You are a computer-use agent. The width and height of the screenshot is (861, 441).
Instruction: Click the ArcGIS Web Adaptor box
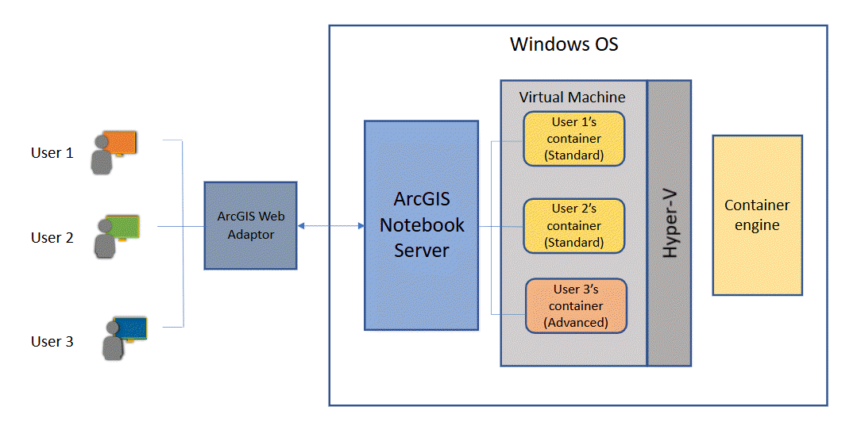coord(250,226)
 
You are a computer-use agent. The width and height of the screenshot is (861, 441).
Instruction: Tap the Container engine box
coord(757,215)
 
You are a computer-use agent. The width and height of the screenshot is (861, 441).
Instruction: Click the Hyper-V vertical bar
coord(669,223)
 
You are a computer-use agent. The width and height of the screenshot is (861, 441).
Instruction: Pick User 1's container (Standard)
coord(573,139)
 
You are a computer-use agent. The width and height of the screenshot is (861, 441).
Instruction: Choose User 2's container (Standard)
coord(573,225)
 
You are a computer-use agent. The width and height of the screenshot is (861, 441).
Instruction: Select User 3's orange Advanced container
coord(576,305)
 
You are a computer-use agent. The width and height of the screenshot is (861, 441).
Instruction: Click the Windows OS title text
coord(564,44)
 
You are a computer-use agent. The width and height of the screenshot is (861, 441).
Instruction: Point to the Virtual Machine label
coord(572,98)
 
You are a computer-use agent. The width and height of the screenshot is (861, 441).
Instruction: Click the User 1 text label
coord(52,153)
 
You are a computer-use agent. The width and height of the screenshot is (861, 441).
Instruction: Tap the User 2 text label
coord(52,237)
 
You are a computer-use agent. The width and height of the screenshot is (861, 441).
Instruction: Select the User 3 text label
coord(52,342)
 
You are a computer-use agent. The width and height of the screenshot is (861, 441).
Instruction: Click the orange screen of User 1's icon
coord(121,143)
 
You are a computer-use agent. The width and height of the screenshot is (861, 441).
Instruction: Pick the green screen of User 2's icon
coord(123,227)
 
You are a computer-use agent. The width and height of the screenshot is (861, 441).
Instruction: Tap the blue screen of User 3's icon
coord(130,328)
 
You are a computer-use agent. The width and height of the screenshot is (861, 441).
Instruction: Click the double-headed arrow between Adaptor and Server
coord(330,227)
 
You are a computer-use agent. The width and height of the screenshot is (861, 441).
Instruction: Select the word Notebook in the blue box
coord(421,224)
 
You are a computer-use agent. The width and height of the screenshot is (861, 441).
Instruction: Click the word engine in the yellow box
coord(757,225)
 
